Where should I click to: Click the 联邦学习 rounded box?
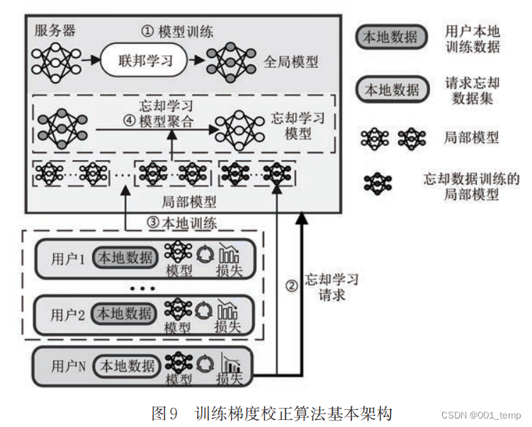click(146, 62)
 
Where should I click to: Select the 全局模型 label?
click(290, 62)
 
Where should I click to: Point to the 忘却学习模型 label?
click(298, 125)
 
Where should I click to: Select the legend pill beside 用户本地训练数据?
click(390, 38)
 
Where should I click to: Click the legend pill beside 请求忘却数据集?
click(390, 90)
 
